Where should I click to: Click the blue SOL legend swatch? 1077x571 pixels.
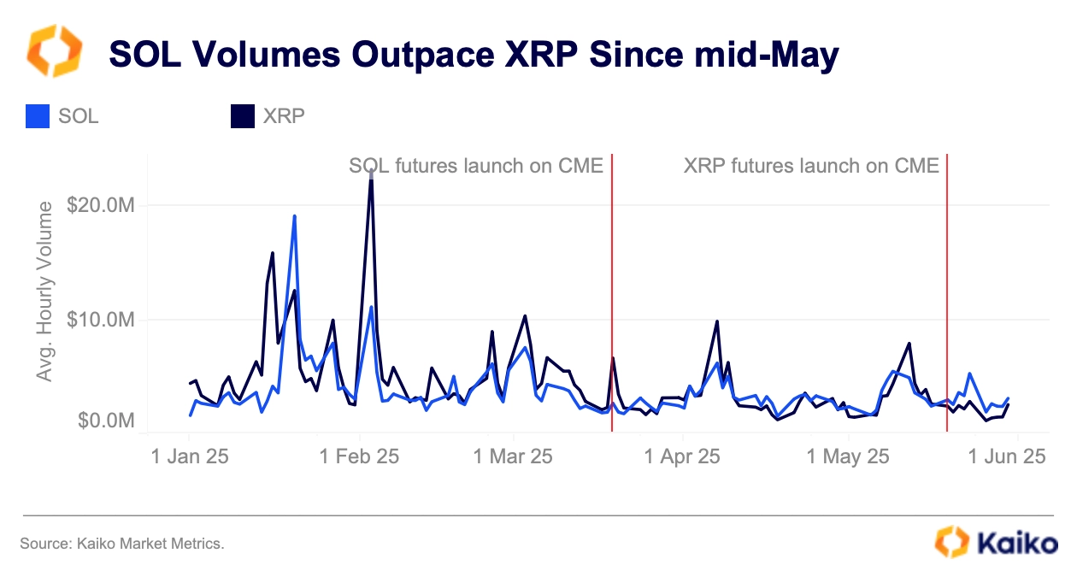(38, 116)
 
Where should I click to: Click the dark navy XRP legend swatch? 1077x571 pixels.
(243, 116)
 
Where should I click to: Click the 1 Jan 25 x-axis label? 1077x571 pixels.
(190, 456)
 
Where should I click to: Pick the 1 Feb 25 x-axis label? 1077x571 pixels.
(359, 456)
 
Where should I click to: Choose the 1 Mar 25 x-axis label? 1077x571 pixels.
(513, 456)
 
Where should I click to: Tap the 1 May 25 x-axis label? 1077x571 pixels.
(849, 456)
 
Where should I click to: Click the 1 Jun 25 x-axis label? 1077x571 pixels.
(1007, 456)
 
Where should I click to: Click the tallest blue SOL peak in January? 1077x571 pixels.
(294, 215)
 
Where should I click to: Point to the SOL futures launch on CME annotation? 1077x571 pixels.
(476, 165)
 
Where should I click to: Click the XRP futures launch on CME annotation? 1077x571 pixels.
(811, 165)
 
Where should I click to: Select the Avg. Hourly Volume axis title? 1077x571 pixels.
(45, 291)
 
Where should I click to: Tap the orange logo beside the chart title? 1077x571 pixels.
(55, 51)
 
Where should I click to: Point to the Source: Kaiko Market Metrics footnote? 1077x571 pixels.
(121, 543)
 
